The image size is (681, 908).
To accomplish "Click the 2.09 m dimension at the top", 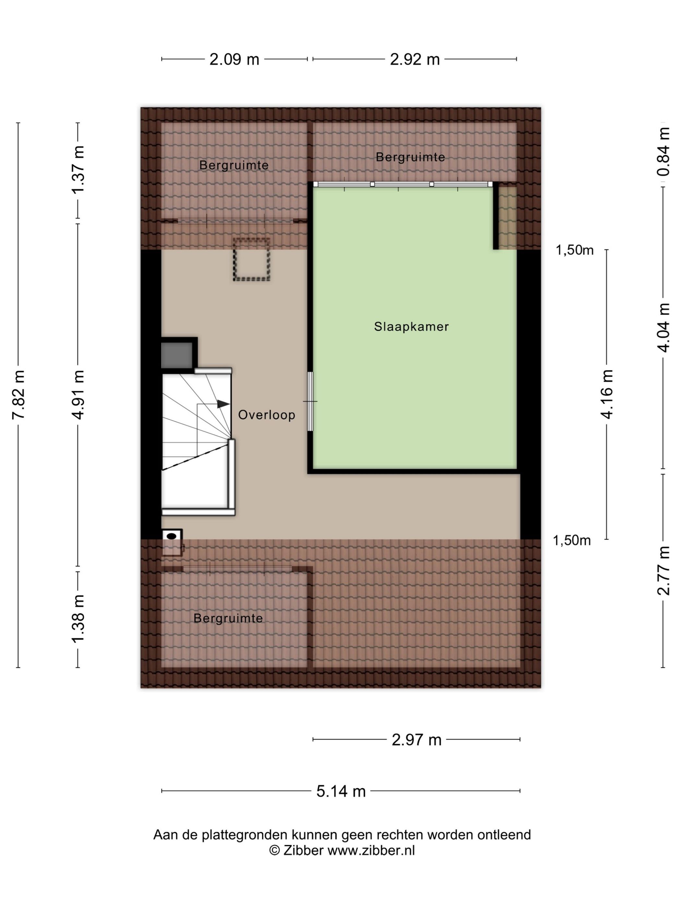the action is coord(234,60).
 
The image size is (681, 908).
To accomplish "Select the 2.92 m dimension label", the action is coord(414,60).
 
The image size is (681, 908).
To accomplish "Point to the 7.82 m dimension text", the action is coord(19,394).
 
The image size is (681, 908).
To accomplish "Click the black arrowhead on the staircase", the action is coord(223,404).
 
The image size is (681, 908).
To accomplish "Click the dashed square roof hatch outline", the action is coord(252,259).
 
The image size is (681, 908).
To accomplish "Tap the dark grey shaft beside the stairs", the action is coord(176,355).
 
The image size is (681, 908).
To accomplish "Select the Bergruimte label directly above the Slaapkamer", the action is coord(410,157).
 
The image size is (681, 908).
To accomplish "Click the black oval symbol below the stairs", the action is coord(172,536).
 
